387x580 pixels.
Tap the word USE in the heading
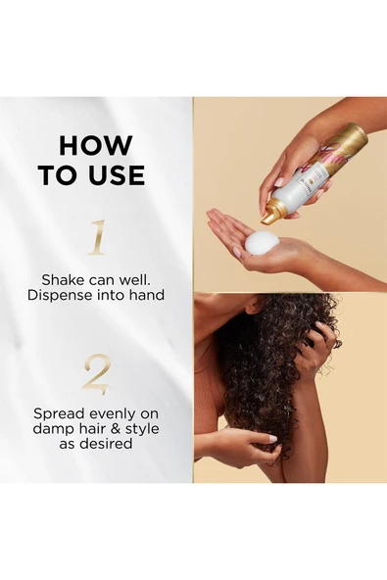(x=114, y=175)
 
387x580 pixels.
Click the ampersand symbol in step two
(x=112, y=429)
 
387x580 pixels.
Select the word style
(x=140, y=429)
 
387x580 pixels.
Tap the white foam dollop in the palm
(x=260, y=243)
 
